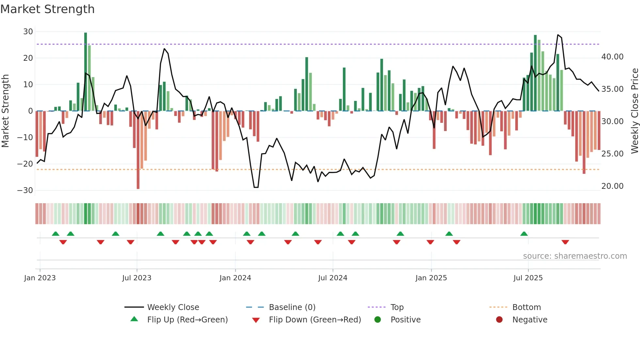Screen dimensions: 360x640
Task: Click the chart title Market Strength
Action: point(47,9)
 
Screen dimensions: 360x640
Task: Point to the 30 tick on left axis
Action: point(28,32)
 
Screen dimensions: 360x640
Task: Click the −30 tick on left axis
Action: point(25,190)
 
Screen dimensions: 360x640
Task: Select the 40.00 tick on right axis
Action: point(612,57)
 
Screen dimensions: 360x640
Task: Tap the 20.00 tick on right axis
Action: point(612,186)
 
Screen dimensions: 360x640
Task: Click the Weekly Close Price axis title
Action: point(634,111)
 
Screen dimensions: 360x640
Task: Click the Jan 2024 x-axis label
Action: point(235,278)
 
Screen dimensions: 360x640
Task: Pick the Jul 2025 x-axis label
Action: point(528,278)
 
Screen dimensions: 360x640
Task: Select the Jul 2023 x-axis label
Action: point(136,278)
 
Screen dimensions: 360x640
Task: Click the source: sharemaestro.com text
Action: point(575,256)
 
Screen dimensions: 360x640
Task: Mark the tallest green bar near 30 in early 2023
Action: point(86,72)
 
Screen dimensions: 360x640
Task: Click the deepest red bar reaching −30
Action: point(138,150)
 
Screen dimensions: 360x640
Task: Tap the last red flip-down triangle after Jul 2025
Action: point(565,242)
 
